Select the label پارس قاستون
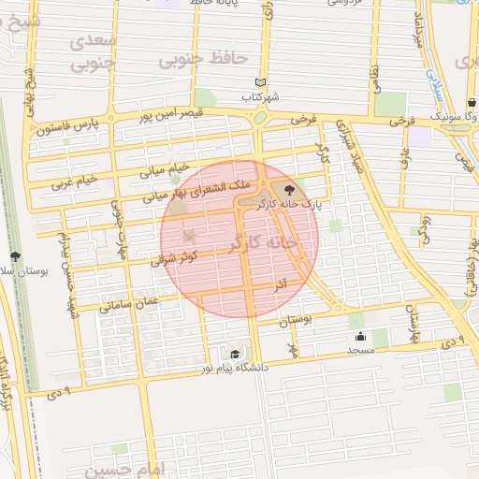point(67,126)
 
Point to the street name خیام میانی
point(165,171)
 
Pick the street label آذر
point(280,282)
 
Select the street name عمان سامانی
point(130,303)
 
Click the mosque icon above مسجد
point(360,336)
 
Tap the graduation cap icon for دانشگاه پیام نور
point(235,354)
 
